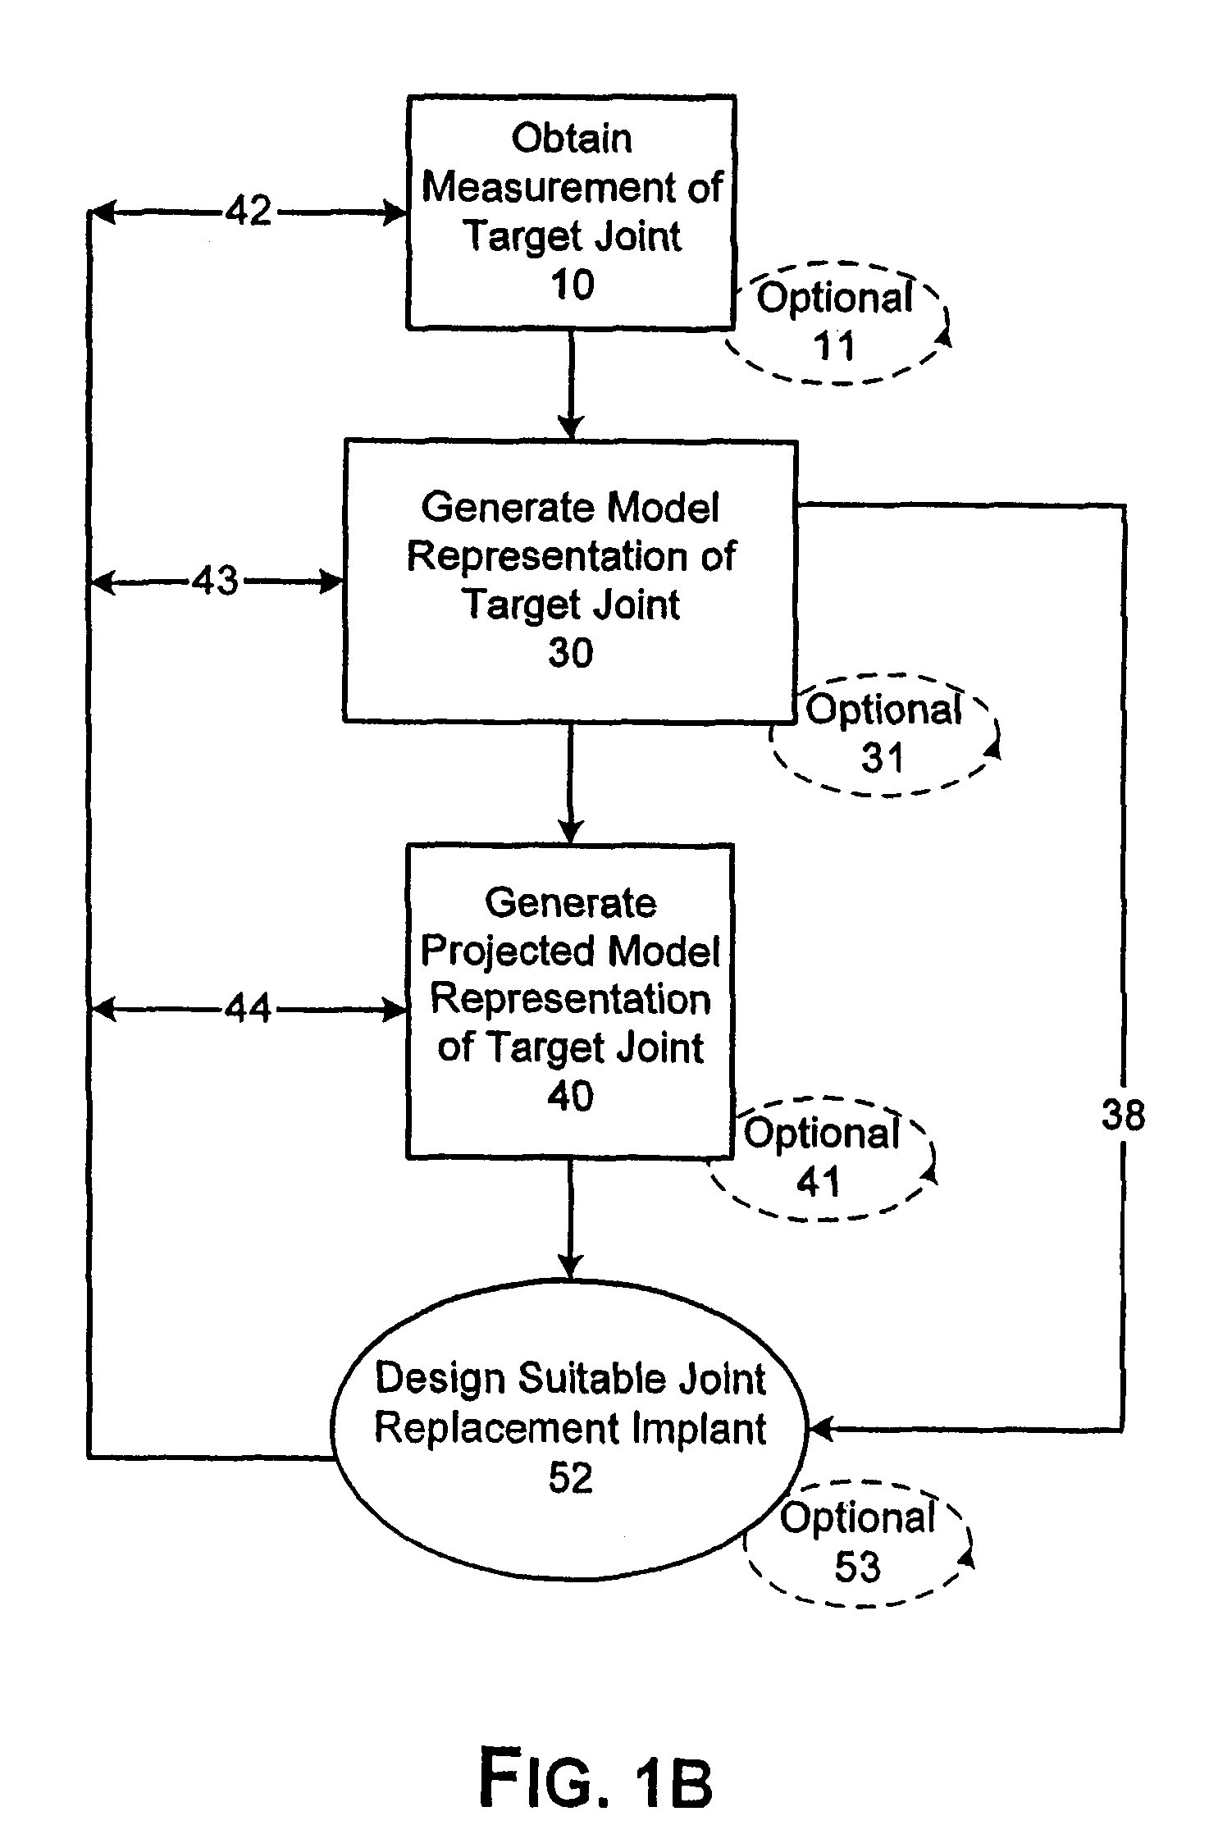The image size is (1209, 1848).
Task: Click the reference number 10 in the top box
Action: tap(572, 285)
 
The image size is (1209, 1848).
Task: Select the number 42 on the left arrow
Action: tap(249, 212)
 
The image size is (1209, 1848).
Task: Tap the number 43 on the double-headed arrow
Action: tap(216, 582)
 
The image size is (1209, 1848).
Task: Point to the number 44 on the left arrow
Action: tap(248, 1008)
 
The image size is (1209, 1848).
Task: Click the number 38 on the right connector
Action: tap(1123, 1116)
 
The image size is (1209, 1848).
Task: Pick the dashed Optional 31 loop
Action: tap(884, 734)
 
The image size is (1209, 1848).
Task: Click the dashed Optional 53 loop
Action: tap(858, 1543)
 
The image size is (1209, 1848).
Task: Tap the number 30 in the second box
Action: tap(570, 654)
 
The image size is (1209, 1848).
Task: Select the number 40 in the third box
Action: tap(570, 1096)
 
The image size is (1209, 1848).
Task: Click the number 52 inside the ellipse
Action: tap(570, 1477)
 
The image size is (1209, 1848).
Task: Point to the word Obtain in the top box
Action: tap(572, 139)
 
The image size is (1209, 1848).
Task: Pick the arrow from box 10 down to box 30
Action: tap(571, 386)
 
